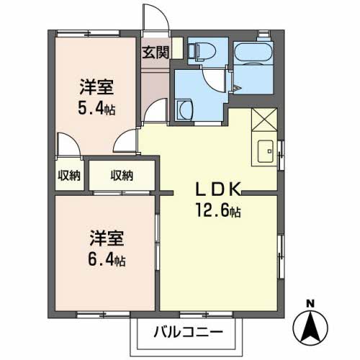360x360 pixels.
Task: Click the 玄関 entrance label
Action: point(155,52)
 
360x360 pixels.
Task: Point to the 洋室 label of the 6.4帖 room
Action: point(107,235)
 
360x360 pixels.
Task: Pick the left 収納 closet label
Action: point(70,175)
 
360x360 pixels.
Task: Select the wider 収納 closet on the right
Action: point(122,175)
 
